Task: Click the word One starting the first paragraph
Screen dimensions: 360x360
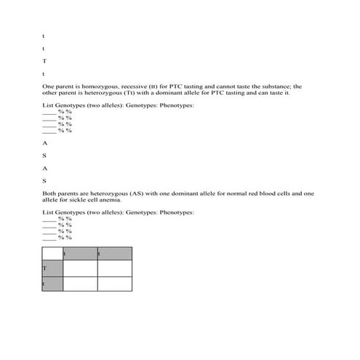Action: pos(49,87)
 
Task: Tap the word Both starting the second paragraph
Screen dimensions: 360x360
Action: pos(49,193)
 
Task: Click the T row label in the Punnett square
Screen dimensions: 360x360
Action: pos(44,268)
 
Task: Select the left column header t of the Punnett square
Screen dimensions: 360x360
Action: pos(65,254)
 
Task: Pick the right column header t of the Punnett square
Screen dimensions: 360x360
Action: pos(99,254)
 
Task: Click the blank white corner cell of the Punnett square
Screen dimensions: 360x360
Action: pos(52,253)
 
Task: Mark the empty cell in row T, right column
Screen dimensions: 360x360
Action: pos(114,268)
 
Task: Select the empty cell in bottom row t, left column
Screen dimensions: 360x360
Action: pos(80,284)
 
